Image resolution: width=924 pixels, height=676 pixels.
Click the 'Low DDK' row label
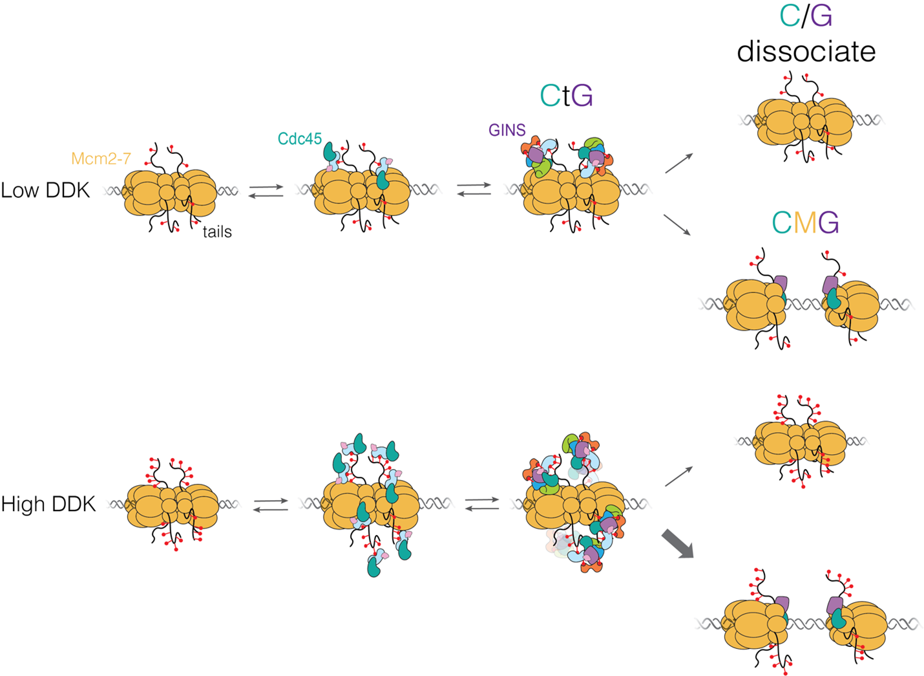pyautogui.click(x=45, y=190)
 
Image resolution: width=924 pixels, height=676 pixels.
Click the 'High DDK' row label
pyautogui.click(x=48, y=504)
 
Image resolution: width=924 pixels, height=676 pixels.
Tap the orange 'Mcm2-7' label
pyautogui.click(x=101, y=158)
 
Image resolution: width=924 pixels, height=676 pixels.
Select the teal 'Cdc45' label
pyautogui.click(x=300, y=138)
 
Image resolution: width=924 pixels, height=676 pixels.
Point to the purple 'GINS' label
pyautogui.click(x=507, y=130)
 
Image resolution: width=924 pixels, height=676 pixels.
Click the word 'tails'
pyautogui.click(x=217, y=232)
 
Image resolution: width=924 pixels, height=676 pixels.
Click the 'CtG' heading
pyautogui.click(x=566, y=96)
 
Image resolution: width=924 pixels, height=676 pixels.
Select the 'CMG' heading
pyautogui.click(x=805, y=223)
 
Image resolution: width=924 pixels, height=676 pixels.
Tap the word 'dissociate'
pyautogui.click(x=806, y=51)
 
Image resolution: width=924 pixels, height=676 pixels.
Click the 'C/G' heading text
pyautogui.click(x=806, y=16)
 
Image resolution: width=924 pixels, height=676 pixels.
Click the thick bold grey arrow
pyautogui.click(x=677, y=543)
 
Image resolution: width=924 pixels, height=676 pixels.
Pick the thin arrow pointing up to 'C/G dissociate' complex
pyautogui.click(x=678, y=164)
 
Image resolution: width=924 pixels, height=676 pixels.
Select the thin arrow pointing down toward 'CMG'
pyautogui.click(x=677, y=224)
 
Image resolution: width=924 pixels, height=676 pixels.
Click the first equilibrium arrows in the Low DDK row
pyautogui.click(x=266, y=191)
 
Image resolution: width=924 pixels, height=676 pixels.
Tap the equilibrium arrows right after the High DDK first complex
pyautogui.click(x=271, y=505)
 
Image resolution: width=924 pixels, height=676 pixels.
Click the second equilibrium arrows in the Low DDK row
pyautogui.click(x=474, y=189)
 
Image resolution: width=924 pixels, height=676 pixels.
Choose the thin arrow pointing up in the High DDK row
pyautogui.click(x=678, y=476)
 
